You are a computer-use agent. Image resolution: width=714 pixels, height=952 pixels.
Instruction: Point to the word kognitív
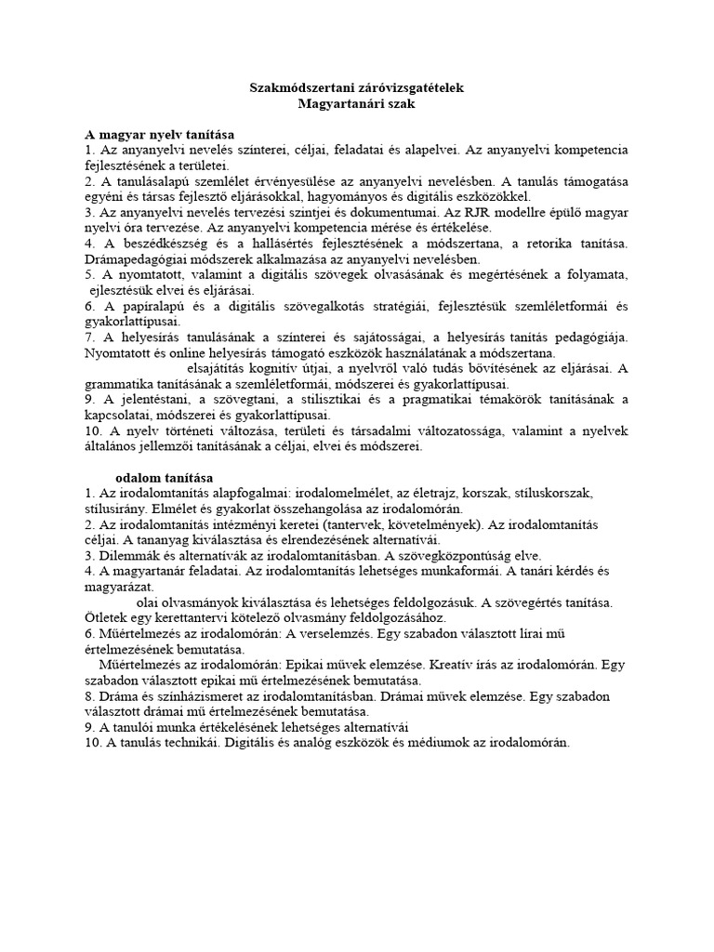coord(283,368)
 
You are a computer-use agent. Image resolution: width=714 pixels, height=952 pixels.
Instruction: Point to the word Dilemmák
coord(127,556)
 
